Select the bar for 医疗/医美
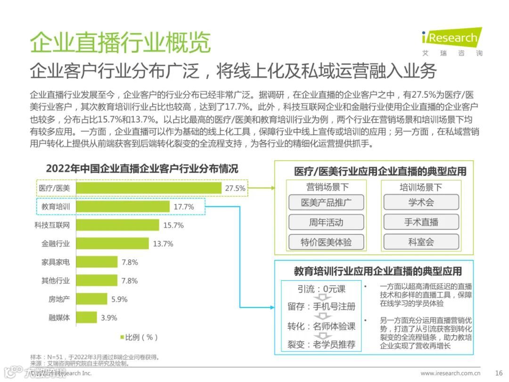(x=148, y=188)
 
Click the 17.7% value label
(x=184, y=207)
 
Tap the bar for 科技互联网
(x=117, y=225)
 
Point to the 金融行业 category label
(x=56, y=244)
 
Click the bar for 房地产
(x=91, y=299)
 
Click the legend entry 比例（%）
(x=139, y=337)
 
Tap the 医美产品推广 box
(x=326, y=203)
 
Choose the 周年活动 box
(x=326, y=223)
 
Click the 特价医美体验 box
(x=326, y=242)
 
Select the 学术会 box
(x=421, y=203)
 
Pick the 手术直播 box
(x=421, y=223)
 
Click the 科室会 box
(x=421, y=242)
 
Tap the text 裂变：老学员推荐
(x=321, y=344)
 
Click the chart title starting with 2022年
(x=142, y=169)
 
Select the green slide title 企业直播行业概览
(x=120, y=43)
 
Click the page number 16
(x=499, y=373)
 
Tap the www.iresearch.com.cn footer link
(x=450, y=373)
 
